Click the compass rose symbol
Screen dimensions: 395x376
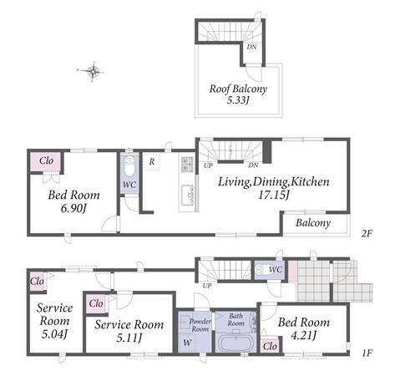93,72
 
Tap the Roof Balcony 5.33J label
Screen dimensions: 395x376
238,94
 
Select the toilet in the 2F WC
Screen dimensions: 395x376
129,165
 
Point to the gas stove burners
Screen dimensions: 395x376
187,164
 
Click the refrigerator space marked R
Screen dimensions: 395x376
152,161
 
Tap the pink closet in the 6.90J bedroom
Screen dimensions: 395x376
45,161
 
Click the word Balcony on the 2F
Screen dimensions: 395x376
313,223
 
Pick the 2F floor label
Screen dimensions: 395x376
367,233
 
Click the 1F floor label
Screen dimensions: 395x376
367,353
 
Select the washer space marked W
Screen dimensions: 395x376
187,343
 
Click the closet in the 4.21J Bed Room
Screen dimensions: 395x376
270,346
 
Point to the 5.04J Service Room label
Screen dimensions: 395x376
54,321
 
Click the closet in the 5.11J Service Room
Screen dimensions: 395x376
96,303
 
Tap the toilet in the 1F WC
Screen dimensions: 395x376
261,270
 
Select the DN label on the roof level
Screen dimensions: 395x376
252,47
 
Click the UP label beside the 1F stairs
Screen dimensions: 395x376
207,286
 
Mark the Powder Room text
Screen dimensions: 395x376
200,325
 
